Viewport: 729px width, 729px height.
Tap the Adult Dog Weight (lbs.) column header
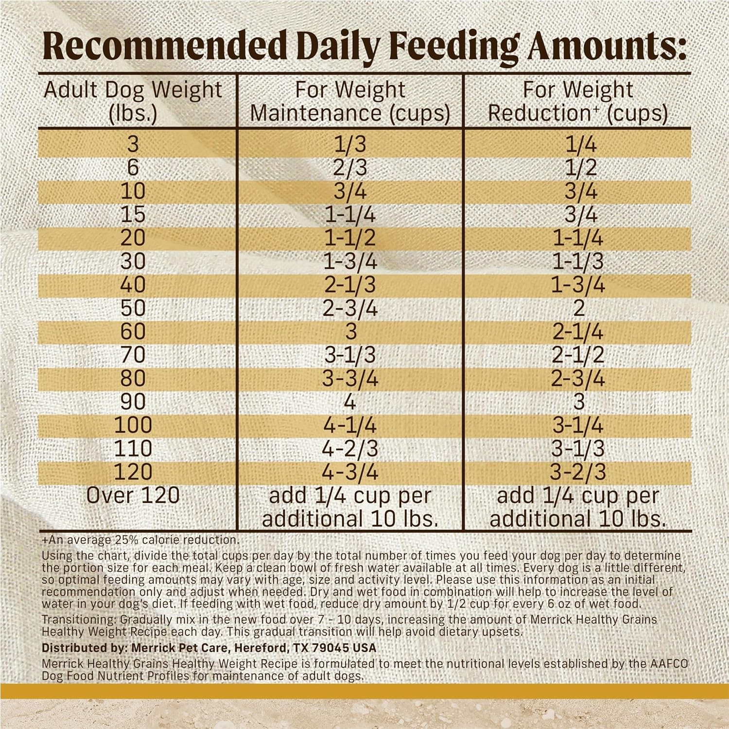click(x=133, y=101)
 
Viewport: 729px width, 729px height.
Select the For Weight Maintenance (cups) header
click(x=350, y=101)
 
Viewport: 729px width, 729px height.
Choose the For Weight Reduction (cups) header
click(x=578, y=101)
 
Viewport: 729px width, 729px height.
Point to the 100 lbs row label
click(x=133, y=425)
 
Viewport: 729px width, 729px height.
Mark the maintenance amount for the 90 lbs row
click(x=350, y=402)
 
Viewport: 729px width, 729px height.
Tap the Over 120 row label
click(x=133, y=496)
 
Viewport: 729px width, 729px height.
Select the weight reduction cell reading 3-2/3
click(x=578, y=472)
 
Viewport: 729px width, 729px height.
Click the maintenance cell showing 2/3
click(x=350, y=168)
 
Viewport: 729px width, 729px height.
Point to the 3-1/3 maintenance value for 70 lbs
click(x=350, y=355)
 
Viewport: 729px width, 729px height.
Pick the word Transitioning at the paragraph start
click(x=79, y=620)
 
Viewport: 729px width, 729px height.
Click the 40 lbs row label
click(x=133, y=285)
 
